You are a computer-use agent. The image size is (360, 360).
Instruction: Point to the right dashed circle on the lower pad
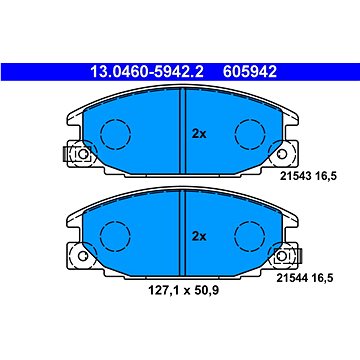pyautogui.click(x=247, y=237)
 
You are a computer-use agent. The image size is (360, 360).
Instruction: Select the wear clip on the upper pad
pyautogui.click(x=73, y=155)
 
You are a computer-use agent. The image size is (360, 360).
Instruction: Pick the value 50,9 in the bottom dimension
pyautogui.click(x=201, y=295)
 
